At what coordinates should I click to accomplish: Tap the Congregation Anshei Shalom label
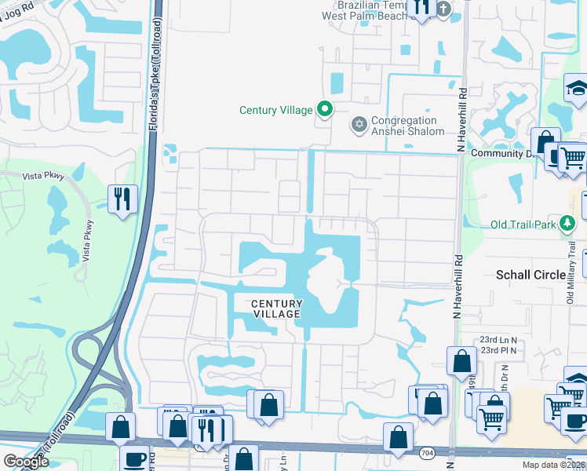click(x=407, y=126)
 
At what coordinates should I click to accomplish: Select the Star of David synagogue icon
click(x=359, y=125)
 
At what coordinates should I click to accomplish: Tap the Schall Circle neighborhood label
click(x=530, y=275)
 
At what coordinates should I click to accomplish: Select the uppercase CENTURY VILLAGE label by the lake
click(x=276, y=309)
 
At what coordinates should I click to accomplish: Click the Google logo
click(x=26, y=462)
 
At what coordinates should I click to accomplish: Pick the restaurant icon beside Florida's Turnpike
click(x=122, y=199)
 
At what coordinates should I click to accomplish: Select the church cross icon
click(x=444, y=9)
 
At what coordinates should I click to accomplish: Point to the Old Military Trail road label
click(x=571, y=259)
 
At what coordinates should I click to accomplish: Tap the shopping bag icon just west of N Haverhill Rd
click(x=461, y=361)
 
